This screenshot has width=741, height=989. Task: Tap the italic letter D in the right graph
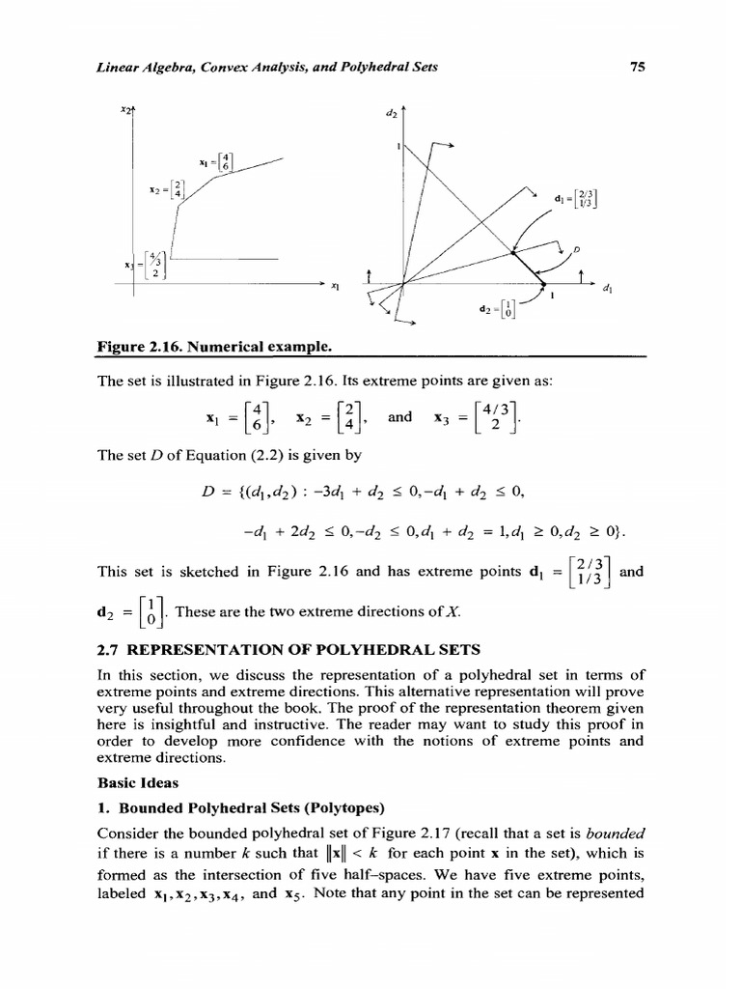point(576,250)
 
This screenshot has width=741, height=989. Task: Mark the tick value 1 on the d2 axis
point(397,147)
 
